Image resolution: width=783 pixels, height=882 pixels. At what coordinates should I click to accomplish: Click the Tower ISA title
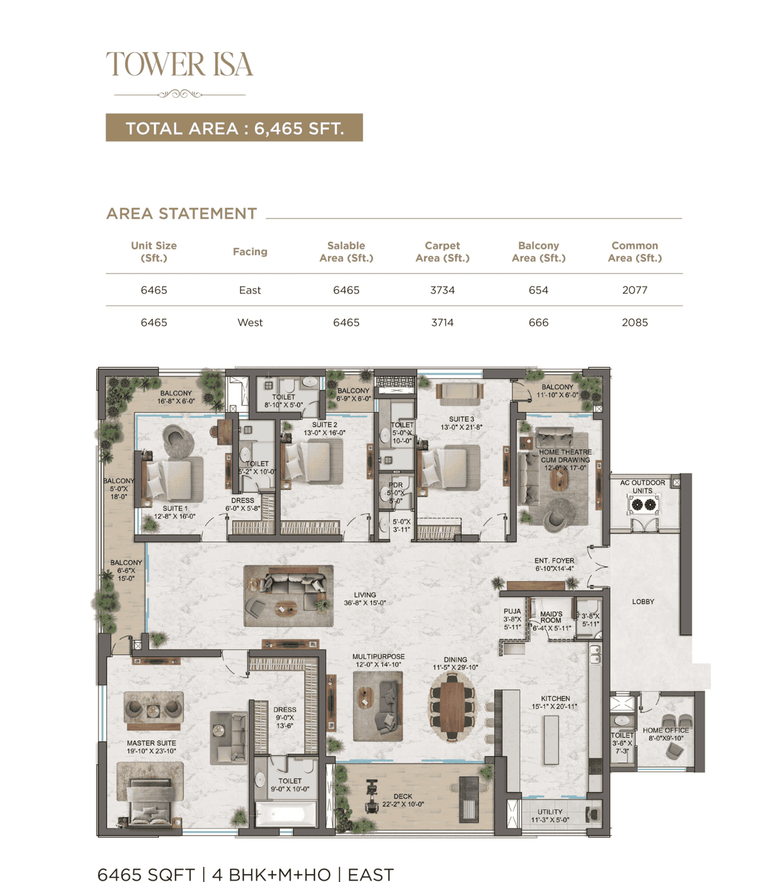point(179,64)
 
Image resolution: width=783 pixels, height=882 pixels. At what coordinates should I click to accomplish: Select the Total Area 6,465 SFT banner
point(234,128)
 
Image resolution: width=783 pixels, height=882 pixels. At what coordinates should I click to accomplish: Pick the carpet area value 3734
point(442,290)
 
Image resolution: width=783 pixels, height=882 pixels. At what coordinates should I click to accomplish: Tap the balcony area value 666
point(538,323)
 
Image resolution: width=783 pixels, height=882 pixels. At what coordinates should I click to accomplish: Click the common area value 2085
point(634,323)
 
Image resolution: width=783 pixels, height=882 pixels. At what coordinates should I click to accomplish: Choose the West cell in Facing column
point(250,323)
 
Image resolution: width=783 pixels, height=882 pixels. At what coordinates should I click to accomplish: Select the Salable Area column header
point(346,252)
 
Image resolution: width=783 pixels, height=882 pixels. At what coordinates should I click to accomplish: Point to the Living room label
point(365,599)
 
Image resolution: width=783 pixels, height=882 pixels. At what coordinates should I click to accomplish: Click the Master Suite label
point(151,747)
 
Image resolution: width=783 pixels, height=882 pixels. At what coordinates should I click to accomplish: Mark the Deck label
point(403,800)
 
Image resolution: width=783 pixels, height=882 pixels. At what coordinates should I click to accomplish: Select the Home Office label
point(666,734)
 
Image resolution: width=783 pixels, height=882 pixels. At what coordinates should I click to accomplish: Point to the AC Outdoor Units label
point(642,487)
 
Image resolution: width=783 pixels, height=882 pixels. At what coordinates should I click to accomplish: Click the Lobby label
point(643,602)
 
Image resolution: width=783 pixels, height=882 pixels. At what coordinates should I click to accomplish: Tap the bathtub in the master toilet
point(285,814)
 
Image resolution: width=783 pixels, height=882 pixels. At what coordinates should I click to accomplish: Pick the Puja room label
point(512,619)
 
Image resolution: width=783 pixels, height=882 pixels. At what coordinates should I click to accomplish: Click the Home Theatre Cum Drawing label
point(565,460)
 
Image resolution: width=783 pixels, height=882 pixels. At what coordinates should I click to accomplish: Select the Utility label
point(550,815)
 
